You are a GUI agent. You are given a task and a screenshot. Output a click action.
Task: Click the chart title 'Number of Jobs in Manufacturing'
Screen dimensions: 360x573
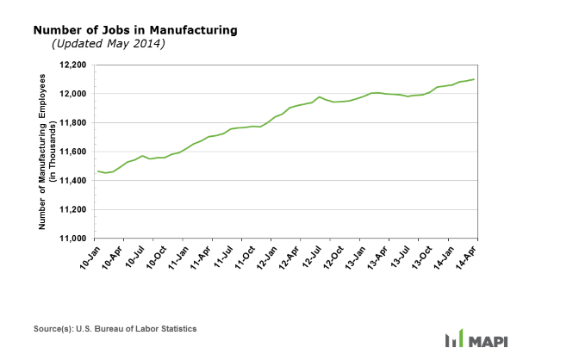[135, 30]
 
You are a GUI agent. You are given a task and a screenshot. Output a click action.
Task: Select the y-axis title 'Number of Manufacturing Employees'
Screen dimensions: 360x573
[44, 152]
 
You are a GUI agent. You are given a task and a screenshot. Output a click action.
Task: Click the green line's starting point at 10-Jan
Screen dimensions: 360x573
[98, 171]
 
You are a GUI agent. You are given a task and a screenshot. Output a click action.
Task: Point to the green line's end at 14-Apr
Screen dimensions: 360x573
[473, 79]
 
